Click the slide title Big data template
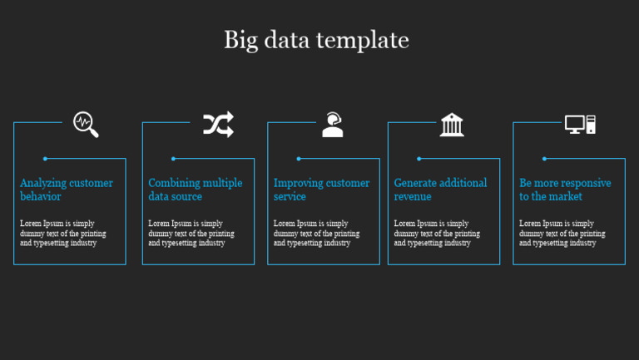pos(316,40)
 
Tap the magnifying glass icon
pos(85,124)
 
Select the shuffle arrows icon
pos(218,125)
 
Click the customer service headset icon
pos(333,125)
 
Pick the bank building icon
pos(452,125)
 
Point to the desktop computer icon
pos(580,125)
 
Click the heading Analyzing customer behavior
pos(67,190)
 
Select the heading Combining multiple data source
pos(195,190)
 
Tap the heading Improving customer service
pos(321,190)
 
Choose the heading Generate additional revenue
pos(440,190)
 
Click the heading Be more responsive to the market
pos(565,190)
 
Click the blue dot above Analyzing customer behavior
pos(45,159)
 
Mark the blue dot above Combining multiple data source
pos(173,159)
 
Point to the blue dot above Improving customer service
pos(299,159)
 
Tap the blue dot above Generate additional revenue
pos(419,159)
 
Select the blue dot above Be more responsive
pos(544,159)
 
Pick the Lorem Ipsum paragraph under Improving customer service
pos(316,234)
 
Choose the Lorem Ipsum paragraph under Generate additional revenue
pos(437,234)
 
